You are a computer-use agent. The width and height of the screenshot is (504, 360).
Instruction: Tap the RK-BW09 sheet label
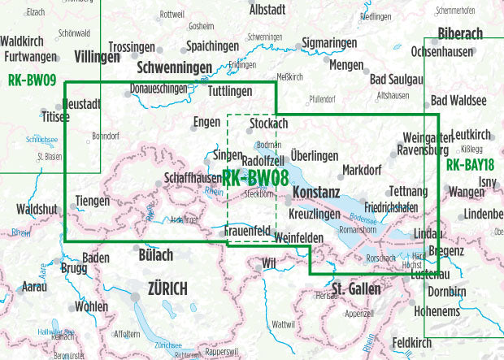(x=31, y=80)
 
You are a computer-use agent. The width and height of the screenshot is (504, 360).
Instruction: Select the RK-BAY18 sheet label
(x=471, y=164)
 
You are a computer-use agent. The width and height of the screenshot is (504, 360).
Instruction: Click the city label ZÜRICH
(x=167, y=288)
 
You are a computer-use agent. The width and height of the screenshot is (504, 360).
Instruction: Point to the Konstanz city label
(x=315, y=193)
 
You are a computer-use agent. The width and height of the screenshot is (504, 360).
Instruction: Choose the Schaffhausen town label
(x=193, y=178)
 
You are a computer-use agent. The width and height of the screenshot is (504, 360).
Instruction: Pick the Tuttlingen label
(x=229, y=91)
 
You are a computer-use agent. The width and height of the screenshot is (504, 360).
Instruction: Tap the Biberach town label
(x=459, y=33)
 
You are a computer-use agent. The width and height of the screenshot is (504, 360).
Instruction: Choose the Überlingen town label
(x=314, y=155)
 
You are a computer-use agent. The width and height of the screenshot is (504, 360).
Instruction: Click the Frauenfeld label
(x=247, y=232)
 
